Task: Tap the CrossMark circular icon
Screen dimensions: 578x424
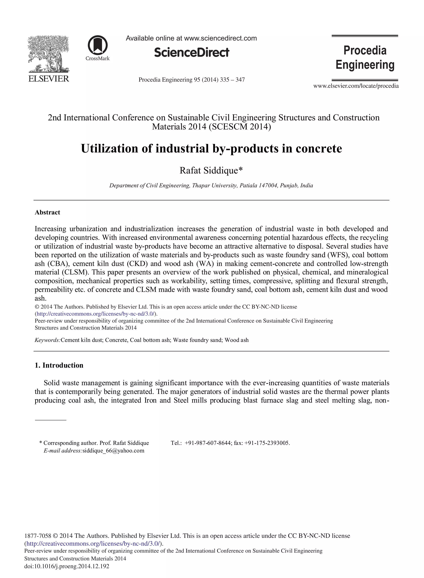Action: (x=98, y=45)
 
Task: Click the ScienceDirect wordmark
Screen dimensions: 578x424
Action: (x=192, y=53)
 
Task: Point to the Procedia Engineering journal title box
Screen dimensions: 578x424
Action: (x=365, y=58)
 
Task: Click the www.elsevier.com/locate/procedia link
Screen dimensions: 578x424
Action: (x=356, y=86)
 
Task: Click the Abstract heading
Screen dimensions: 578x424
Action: (x=47, y=212)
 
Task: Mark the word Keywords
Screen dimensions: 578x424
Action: (x=47, y=340)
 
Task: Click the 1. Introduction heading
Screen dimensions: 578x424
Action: (x=59, y=365)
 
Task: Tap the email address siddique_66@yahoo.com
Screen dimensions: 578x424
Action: (x=113, y=451)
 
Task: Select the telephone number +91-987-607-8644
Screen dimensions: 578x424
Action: (x=208, y=443)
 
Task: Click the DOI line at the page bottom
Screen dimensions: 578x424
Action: (x=67, y=566)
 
